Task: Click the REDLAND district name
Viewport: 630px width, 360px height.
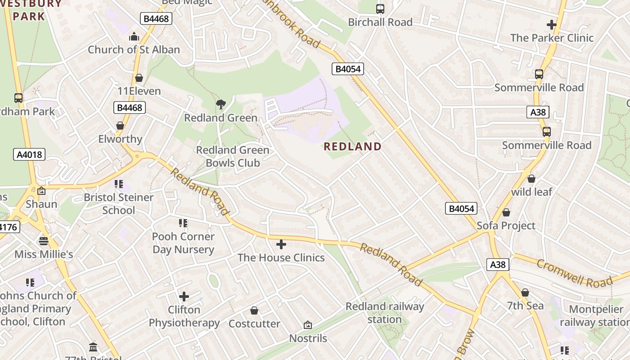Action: coord(352,146)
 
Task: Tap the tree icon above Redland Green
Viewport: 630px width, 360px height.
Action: coord(220,105)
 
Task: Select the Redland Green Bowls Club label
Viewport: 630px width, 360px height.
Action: coord(233,156)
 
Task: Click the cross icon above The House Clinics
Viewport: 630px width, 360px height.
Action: coord(281,244)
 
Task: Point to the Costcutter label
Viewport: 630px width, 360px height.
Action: coord(254,324)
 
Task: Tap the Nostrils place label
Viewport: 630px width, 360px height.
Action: coord(308,338)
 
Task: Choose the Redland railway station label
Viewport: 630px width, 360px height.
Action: coord(385,313)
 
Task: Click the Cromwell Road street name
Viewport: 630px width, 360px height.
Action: coord(575,273)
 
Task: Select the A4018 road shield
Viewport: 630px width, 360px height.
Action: coord(29,155)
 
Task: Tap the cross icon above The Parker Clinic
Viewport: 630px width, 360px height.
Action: coord(552,25)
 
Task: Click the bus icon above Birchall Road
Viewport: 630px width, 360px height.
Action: coord(380,9)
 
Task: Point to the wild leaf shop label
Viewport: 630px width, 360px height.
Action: coord(531,192)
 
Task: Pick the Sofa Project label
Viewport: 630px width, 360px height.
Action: coord(506,225)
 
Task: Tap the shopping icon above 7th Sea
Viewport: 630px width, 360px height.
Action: coord(525,293)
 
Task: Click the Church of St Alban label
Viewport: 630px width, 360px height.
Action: coord(134,49)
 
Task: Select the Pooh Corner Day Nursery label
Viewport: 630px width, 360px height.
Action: coord(183,243)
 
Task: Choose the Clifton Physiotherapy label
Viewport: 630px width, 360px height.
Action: coord(184,316)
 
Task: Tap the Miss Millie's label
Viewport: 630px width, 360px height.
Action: coord(44,254)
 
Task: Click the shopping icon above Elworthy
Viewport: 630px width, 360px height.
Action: coord(120,126)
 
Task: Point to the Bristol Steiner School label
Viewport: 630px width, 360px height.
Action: coord(119,203)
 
